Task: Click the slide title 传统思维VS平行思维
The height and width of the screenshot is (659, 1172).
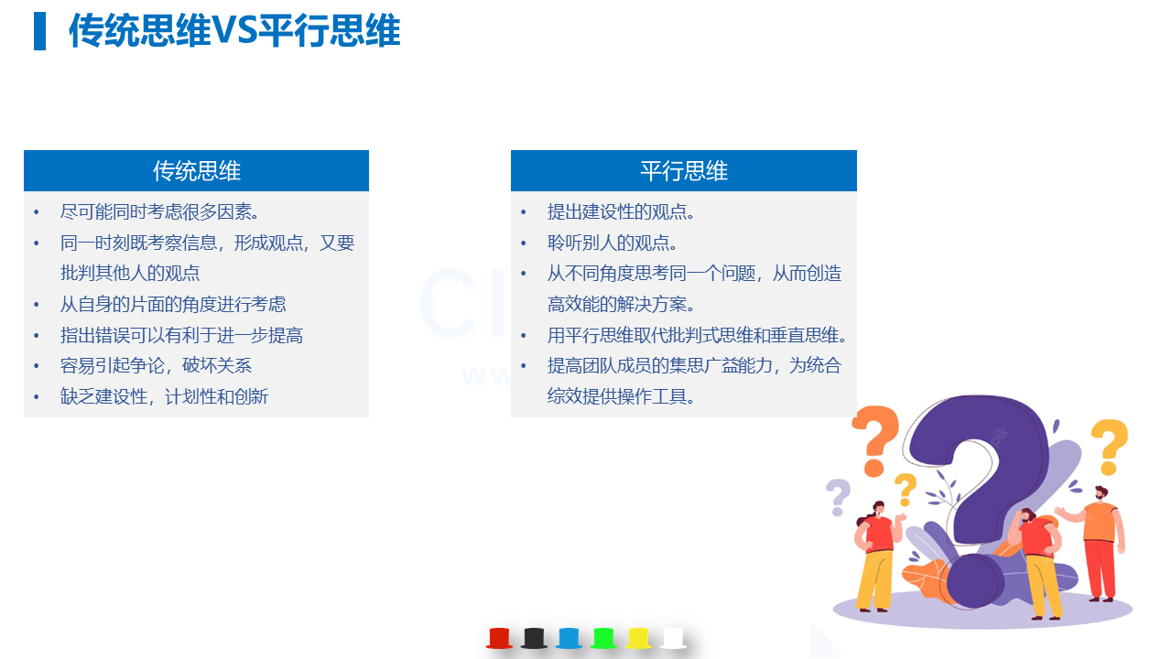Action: click(x=234, y=30)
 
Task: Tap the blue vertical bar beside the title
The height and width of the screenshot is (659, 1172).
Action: click(x=39, y=31)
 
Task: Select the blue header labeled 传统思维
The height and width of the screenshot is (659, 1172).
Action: click(x=196, y=170)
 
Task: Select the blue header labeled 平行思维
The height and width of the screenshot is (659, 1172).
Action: click(x=684, y=170)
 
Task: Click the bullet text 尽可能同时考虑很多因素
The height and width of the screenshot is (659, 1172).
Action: click(x=159, y=211)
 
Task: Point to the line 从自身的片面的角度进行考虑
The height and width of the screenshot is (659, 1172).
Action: click(x=173, y=304)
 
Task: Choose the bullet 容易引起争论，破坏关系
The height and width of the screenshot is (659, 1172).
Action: click(x=156, y=365)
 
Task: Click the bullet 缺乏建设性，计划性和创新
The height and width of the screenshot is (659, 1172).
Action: click(x=164, y=396)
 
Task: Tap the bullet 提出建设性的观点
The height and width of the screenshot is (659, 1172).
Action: click(x=621, y=211)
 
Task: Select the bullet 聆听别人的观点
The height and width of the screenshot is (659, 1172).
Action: click(x=613, y=243)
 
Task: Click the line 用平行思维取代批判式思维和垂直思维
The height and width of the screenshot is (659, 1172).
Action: click(x=697, y=335)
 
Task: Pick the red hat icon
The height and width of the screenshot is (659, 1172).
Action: click(x=499, y=638)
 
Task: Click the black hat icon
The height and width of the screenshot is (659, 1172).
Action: click(x=534, y=638)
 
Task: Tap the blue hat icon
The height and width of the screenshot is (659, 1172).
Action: click(x=569, y=638)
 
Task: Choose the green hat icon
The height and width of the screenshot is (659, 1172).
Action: click(x=603, y=638)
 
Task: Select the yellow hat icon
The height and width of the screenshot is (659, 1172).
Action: click(x=638, y=638)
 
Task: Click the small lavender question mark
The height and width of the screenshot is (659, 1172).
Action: click(x=838, y=497)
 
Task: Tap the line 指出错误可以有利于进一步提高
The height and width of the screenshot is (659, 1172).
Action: click(x=181, y=335)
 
